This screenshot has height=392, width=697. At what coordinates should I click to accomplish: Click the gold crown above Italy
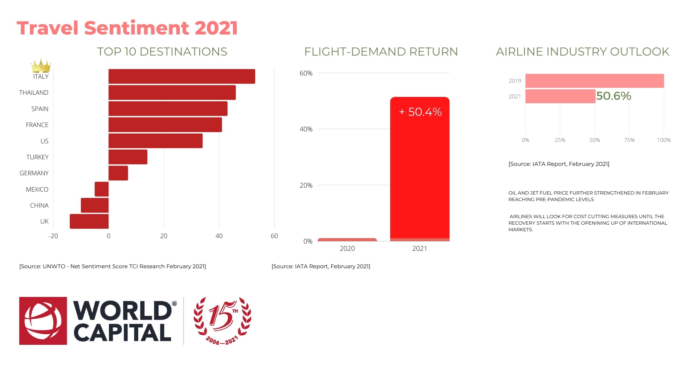[41, 66]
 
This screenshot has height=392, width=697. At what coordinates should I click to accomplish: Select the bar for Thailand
[172, 93]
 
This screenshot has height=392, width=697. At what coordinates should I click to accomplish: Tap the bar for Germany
[118, 173]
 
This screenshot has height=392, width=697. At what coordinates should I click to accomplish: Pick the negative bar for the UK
[89, 221]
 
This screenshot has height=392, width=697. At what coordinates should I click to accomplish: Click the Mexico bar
[102, 189]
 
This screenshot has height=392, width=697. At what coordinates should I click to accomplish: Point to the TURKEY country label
[37, 157]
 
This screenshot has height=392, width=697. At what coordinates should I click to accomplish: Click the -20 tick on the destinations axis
[53, 236]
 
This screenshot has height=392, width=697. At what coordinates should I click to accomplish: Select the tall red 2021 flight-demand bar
[420, 174]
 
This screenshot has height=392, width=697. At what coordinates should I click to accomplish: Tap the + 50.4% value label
[420, 112]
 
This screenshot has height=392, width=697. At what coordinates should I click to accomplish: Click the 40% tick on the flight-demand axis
[306, 129]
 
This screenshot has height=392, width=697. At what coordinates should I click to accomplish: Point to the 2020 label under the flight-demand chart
[347, 249]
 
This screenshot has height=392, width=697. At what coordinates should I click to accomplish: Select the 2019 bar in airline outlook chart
[594, 81]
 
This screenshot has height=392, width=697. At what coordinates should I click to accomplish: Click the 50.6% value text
[614, 96]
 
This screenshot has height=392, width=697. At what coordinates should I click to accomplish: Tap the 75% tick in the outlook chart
[629, 140]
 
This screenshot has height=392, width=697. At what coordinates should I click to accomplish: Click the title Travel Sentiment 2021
[127, 28]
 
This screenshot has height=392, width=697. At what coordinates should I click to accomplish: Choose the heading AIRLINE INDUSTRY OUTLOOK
[582, 52]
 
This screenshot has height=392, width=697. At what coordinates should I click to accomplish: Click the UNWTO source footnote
[113, 266]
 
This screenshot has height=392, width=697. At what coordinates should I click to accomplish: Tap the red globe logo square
[43, 321]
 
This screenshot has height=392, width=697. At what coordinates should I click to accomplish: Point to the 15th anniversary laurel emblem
[222, 321]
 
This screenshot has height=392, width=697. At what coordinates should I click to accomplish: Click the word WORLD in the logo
[122, 311]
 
